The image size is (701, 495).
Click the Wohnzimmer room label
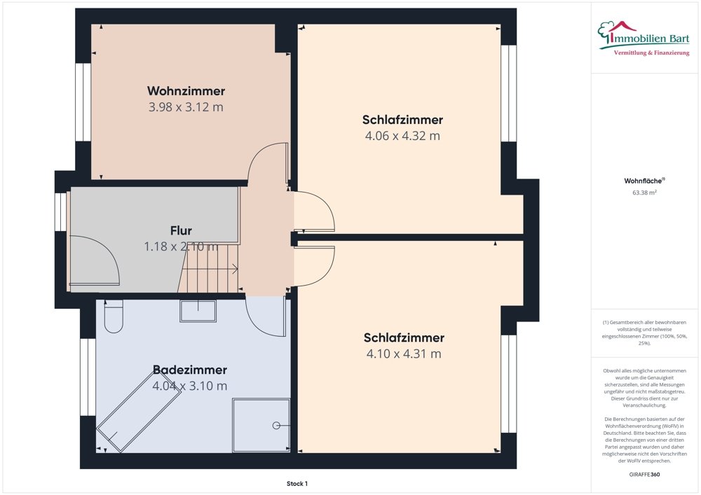coord(186,91)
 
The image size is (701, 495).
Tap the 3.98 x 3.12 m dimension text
coord(186,107)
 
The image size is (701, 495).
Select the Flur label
coord(181,230)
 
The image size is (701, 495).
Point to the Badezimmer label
coord(190,370)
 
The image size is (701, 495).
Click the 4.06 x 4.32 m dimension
coord(402,136)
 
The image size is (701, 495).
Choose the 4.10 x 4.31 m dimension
coord(404,354)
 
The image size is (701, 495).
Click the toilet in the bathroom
coord(113,316)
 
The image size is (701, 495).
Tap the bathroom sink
coord(198,311)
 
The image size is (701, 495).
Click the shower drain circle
coord(277,425)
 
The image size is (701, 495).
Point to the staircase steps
coord(210,272)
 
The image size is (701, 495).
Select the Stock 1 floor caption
coord(297,483)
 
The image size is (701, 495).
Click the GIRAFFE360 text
coord(645,474)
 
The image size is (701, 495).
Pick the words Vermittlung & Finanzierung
coord(651,53)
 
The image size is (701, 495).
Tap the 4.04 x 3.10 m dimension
coord(190,386)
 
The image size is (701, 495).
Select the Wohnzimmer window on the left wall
coord(83,102)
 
